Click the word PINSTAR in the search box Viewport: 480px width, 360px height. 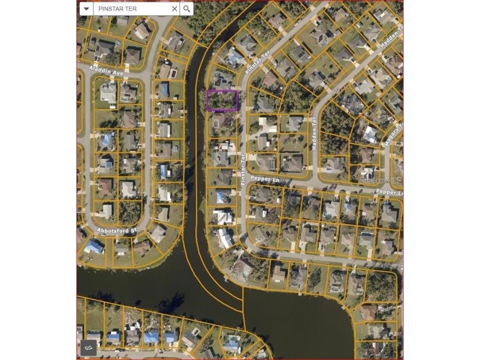(x=112, y=9)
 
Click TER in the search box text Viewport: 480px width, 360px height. (x=131, y=9)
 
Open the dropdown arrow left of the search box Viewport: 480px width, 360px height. (x=86, y=9)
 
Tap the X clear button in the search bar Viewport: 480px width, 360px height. (x=174, y=9)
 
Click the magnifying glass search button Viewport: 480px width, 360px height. (x=187, y=9)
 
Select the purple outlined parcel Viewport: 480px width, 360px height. (x=222, y=100)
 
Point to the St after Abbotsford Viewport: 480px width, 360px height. (x=133, y=231)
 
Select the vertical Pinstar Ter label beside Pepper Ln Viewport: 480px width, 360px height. (x=243, y=170)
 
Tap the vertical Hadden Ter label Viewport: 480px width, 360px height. (x=315, y=133)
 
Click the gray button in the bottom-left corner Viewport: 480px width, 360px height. (x=89, y=347)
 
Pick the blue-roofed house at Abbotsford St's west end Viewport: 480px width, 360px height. (x=94, y=246)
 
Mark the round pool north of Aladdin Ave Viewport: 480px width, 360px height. (x=118, y=43)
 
